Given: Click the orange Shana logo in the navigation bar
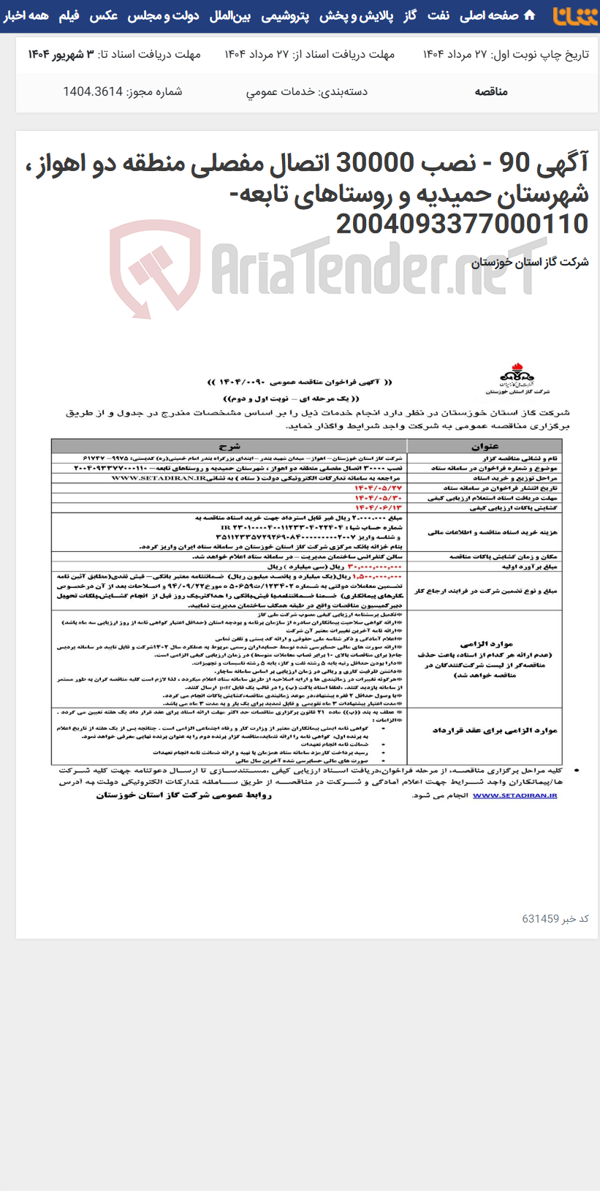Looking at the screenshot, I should tap(574, 16).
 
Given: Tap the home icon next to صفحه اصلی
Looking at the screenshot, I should tap(530, 15).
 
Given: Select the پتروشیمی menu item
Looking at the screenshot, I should tap(284, 15).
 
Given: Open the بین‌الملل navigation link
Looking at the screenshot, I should tap(229, 15).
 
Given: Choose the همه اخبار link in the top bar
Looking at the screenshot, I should tap(26, 15).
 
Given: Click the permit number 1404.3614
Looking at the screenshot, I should tap(93, 91).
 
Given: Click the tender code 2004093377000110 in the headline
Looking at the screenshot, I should tap(462, 224).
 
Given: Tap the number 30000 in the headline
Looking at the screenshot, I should tap(374, 163).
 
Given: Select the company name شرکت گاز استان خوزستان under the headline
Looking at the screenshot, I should tap(530, 262).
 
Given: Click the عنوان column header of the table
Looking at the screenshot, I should tap(485, 446).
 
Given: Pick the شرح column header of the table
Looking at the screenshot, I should tap(229, 446).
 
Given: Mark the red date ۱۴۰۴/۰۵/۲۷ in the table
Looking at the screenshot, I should tap(379, 488).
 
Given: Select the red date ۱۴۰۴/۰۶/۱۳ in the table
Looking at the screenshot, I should tap(379, 507).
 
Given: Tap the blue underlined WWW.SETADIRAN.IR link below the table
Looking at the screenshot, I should tap(514, 795).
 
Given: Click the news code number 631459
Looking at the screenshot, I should tap(540, 919).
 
